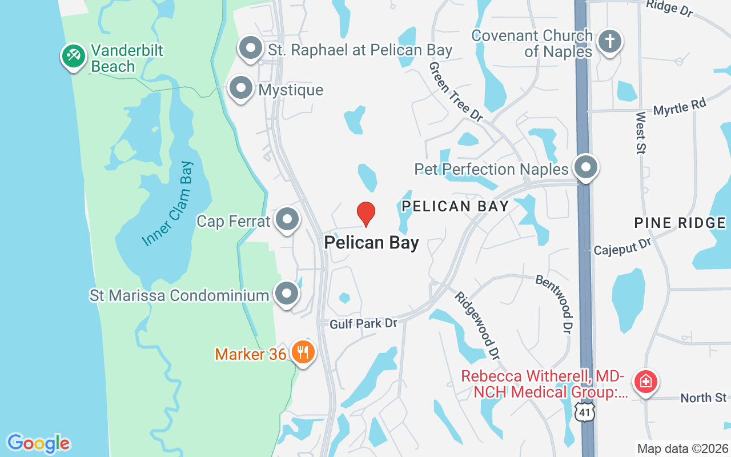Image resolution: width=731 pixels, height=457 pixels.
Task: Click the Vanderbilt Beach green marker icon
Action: pyautogui.click(x=73, y=56)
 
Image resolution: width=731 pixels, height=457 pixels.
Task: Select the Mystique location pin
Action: pyautogui.click(x=240, y=89)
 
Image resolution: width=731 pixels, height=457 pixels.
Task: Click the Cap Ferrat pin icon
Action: pyautogui.click(x=287, y=219)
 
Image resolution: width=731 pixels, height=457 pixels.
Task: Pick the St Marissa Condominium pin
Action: pyautogui.click(x=287, y=294)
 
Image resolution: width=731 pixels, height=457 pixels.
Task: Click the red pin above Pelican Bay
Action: pyautogui.click(x=366, y=214)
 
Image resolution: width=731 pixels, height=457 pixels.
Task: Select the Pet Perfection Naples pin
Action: pyautogui.click(x=585, y=167)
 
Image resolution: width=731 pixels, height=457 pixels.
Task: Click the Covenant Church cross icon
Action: pyautogui.click(x=609, y=41)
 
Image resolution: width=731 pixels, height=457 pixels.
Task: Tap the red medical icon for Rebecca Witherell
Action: pyautogui.click(x=646, y=381)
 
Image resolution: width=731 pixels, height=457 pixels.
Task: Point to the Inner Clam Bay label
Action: pyautogui.click(x=168, y=204)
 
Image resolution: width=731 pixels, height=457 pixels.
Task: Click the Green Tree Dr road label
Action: pyautogui.click(x=456, y=91)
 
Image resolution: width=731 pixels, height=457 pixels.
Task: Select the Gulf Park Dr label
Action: pyautogui.click(x=363, y=324)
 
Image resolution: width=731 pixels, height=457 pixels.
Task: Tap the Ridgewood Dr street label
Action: pyautogui.click(x=477, y=326)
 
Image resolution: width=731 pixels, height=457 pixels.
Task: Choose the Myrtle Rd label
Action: pyautogui.click(x=680, y=107)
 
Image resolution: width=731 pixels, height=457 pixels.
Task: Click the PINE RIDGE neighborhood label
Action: pyautogui.click(x=680, y=223)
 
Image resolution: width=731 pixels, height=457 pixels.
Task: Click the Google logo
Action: pyautogui.click(x=38, y=443)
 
